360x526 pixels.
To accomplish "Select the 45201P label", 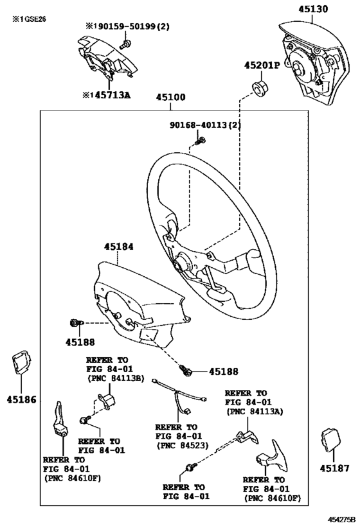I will [x=261, y=66].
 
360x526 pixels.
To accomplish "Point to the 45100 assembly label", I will [x=170, y=98].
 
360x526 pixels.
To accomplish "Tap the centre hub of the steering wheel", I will [x=183, y=261].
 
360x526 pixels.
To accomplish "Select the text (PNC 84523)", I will [x=180, y=445].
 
